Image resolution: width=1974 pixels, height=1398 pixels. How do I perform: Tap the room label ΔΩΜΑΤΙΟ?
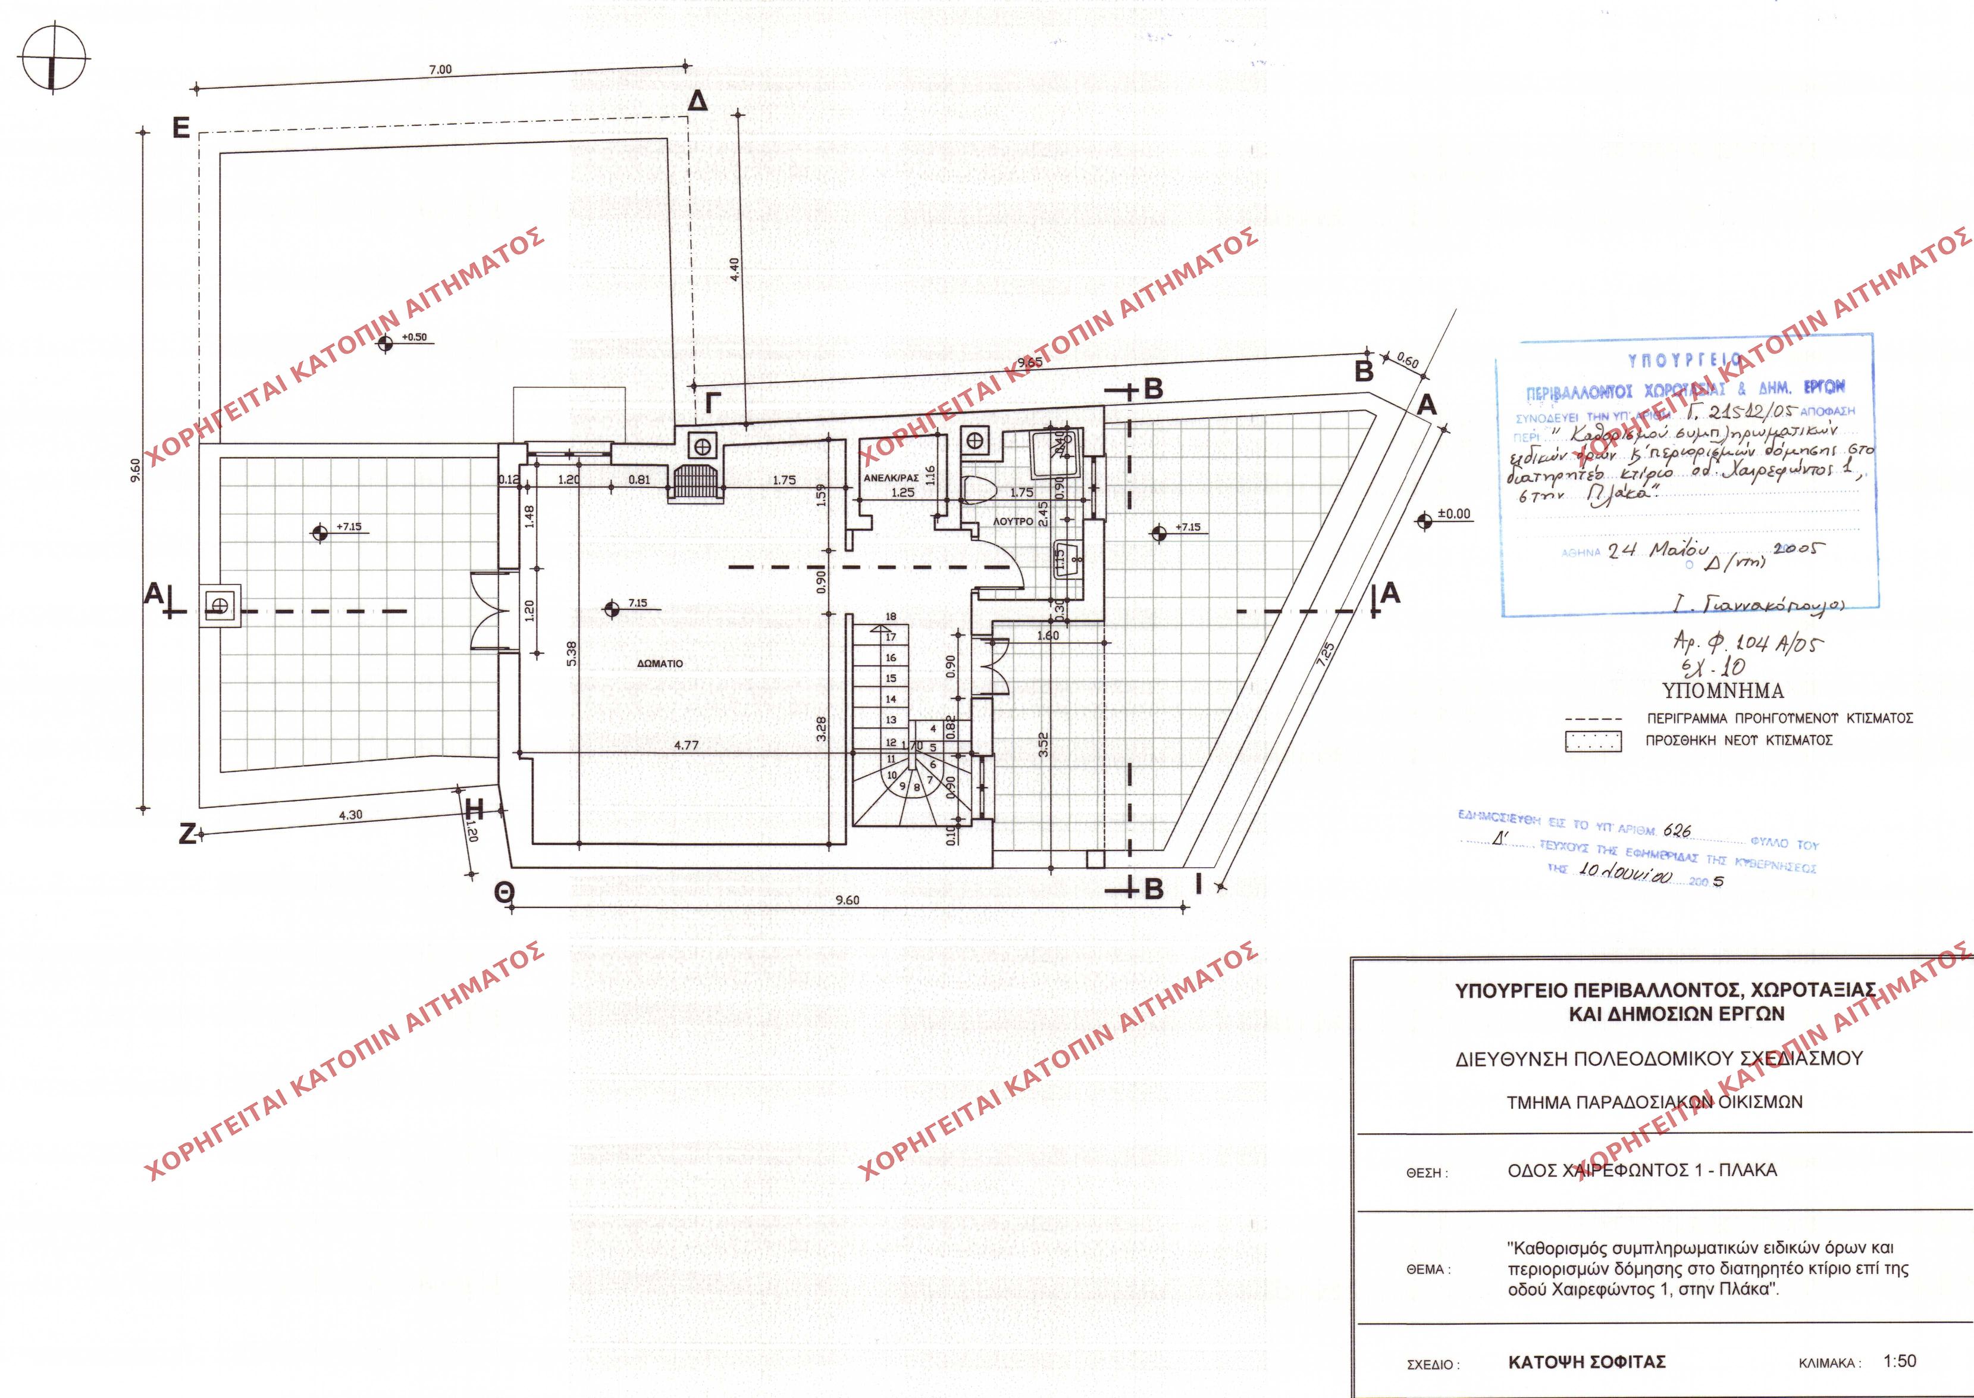[x=660, y=664]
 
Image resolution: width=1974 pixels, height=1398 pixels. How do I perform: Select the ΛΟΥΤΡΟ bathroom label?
[x=1013, y=522]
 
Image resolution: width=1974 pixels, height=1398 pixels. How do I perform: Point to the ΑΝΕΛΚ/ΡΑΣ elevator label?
[x=891, y=478]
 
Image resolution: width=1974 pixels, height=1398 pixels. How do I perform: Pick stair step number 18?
[x=891, y=617]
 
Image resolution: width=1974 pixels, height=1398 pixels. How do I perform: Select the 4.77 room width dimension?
[x=686, y=746]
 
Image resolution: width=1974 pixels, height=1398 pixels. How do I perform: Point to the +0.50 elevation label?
[x=415, y=337]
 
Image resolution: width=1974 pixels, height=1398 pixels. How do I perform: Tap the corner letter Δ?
[x=698, y=102]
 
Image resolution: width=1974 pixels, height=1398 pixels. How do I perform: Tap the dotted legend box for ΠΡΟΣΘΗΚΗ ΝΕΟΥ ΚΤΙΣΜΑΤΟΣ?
[x=1593, y=741]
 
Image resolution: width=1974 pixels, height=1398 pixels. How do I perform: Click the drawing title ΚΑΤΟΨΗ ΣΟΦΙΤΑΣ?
[x=1587, y=1362]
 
